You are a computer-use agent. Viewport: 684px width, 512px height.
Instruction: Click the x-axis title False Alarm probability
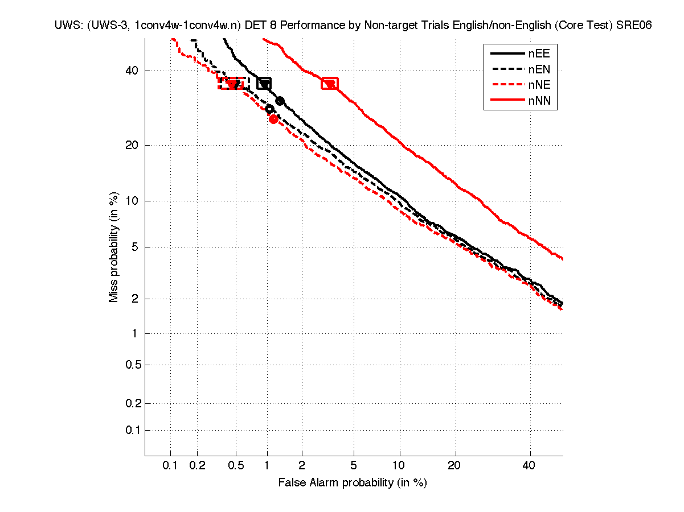pyautogui.click(x=352, y=483)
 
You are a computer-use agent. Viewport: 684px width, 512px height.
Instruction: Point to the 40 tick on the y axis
pyautogui.click(x=132, y=71)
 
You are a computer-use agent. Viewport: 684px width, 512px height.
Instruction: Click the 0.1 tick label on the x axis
pyautogui.click(x=170, y=465)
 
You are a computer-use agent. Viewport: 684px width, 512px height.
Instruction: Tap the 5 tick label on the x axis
pyautogui.click(x=354, y=465)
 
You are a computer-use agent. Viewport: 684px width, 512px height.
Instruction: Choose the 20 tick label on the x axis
pyautogui.click(x=454, y=465)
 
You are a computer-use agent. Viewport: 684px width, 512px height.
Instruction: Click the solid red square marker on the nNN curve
pyautogui.click(x=329, y=84)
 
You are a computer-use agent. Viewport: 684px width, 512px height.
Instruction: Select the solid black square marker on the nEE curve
pyautogui.click(x=264, y=84)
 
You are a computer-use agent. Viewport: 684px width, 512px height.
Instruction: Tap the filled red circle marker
pyautogui.click(x=273, y=119)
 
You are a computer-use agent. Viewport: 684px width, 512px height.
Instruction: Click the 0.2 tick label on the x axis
pyautogui.click(x=197, y=465)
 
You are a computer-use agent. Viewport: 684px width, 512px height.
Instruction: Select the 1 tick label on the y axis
pyautogui.click(x=134, y=333)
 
